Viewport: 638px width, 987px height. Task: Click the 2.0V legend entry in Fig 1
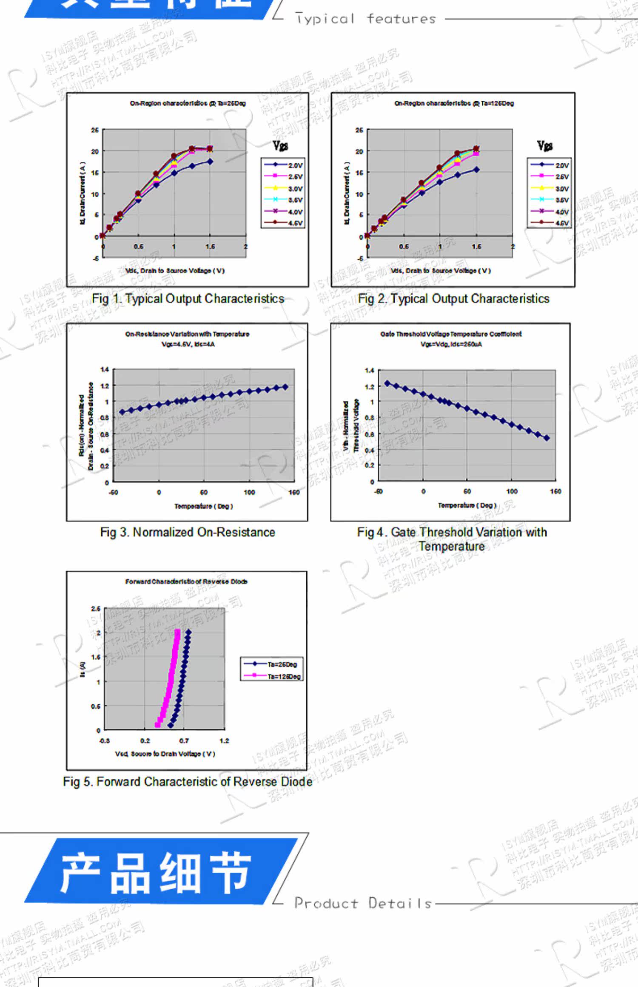(283, 165)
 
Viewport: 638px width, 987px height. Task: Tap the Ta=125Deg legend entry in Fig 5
(272, 676)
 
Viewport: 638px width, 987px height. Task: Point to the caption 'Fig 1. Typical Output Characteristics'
(188, 299)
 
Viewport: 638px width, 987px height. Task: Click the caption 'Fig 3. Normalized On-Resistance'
(188, 532)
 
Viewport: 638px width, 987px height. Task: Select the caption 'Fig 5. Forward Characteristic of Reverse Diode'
(188, 782)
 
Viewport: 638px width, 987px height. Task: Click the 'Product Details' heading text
(363, 903)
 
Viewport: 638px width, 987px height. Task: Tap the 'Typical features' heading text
(366, 19)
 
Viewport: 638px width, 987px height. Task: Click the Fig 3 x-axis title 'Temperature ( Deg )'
(204, 506)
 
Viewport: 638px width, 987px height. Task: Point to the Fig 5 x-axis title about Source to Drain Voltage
(165, 754)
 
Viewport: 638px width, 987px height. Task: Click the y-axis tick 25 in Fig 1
(94, 130)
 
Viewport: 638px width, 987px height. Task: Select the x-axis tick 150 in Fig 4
(555, 491)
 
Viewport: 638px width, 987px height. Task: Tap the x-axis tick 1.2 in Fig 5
(224, 740)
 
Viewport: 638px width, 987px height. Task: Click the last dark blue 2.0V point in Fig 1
(210, 162)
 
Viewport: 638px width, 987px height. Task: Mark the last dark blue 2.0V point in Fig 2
(476, 170)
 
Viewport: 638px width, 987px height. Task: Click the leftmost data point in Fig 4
(387, 383)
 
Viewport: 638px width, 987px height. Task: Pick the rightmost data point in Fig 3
(285, 387)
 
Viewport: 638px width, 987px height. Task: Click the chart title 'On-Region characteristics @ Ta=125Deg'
(454, 103)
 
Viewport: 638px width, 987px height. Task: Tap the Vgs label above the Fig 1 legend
(280, 146)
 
